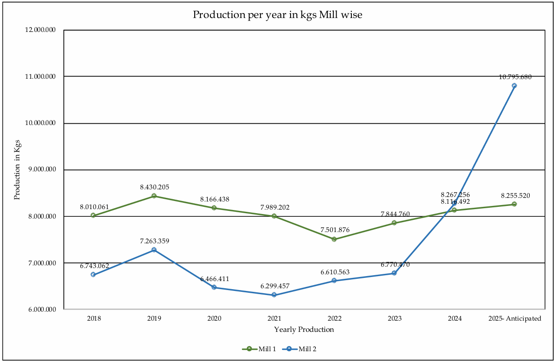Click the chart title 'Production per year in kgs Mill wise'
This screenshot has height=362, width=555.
(x=277, y=15)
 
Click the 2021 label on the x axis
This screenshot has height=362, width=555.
(x=274, y=318)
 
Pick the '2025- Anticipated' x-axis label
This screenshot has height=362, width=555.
(x=514, y=318)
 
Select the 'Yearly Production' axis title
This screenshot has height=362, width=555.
(x=304, y=330)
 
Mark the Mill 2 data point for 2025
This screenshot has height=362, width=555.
(x=514, y=85)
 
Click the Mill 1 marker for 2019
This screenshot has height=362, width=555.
(x=154, y=196)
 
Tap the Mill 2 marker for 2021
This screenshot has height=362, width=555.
(x=274, y=295)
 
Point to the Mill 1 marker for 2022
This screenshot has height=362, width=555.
(x=334, y=239)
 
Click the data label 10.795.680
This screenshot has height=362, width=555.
(x=515, y=77)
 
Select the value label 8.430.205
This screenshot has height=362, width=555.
(x=155, y=187)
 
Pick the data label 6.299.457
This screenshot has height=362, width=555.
(x=275, y=286)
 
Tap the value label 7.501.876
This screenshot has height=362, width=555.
(x=335, y=230)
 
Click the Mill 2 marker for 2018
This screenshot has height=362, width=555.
(x=93, y=274)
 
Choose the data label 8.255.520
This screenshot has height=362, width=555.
(x=515, y=196)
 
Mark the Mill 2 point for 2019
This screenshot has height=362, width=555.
(x=154, y=250)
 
